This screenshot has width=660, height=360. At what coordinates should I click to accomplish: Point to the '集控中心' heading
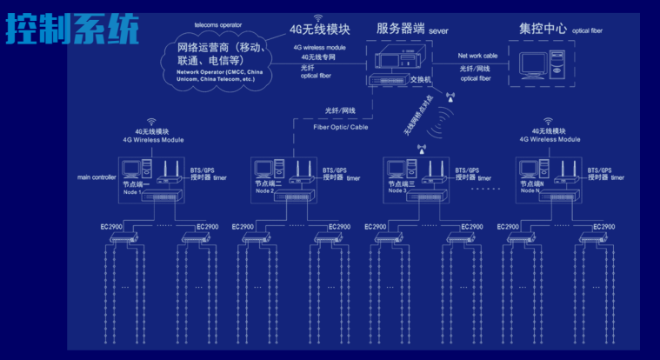click(x=543, y=29)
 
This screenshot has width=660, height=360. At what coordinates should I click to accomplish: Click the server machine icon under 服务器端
click(x=396, y=62)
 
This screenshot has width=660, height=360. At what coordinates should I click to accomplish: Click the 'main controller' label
click(x=97, y=177)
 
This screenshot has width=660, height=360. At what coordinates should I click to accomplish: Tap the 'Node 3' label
click(x=400, y=191)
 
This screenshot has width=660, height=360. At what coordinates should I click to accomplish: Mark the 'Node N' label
click(x=532, y=191)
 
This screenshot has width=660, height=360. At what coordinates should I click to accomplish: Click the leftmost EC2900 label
click(x=112, y=227)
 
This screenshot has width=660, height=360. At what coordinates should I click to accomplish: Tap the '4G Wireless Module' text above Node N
click(x=550, y=139)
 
